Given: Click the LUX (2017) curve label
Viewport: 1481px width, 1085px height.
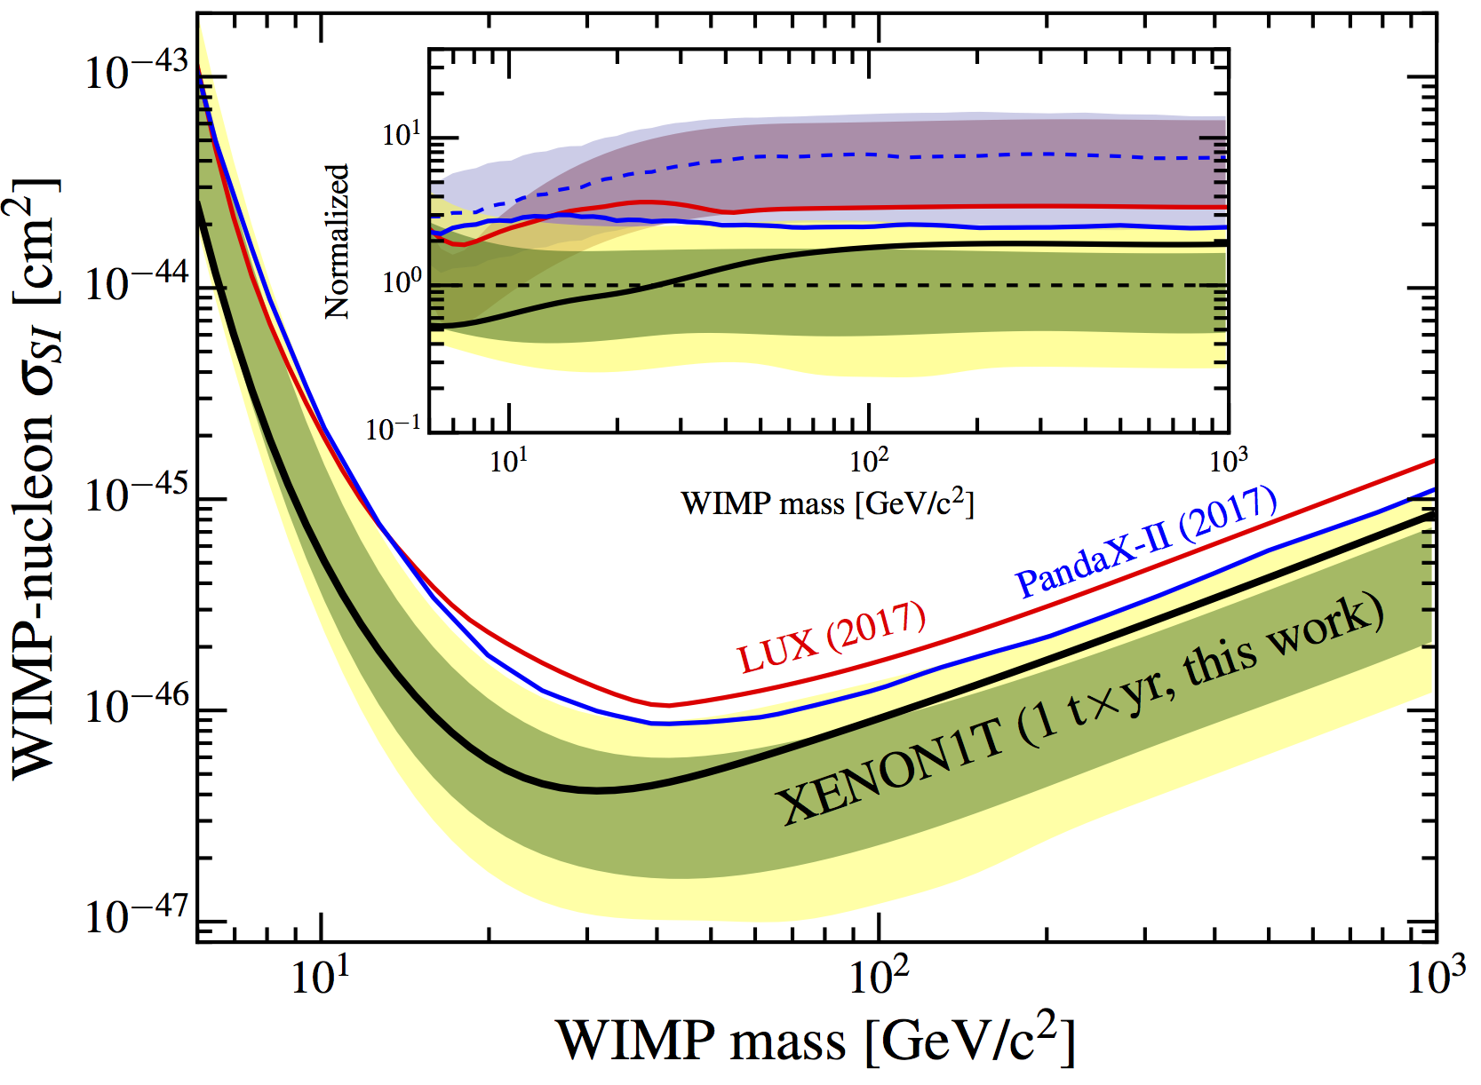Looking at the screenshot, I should click(x=832, y=637).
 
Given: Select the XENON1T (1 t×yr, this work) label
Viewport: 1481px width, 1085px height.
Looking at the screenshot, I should click(x=1079, y=710).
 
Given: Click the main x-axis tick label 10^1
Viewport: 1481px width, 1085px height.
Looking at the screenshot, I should click(x=320, y=977).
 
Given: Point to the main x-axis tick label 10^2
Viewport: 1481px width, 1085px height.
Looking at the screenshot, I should click(x=879, y=977).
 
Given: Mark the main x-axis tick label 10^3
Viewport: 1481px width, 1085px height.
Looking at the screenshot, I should click(x=1436, y=977).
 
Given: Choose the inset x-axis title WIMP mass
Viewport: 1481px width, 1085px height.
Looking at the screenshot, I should click(x=827, y=503).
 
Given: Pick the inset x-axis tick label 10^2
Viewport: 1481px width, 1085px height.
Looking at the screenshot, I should click(x=868, y=459).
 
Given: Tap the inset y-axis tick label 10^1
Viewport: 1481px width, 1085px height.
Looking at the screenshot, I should click(x=402, y=135).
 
